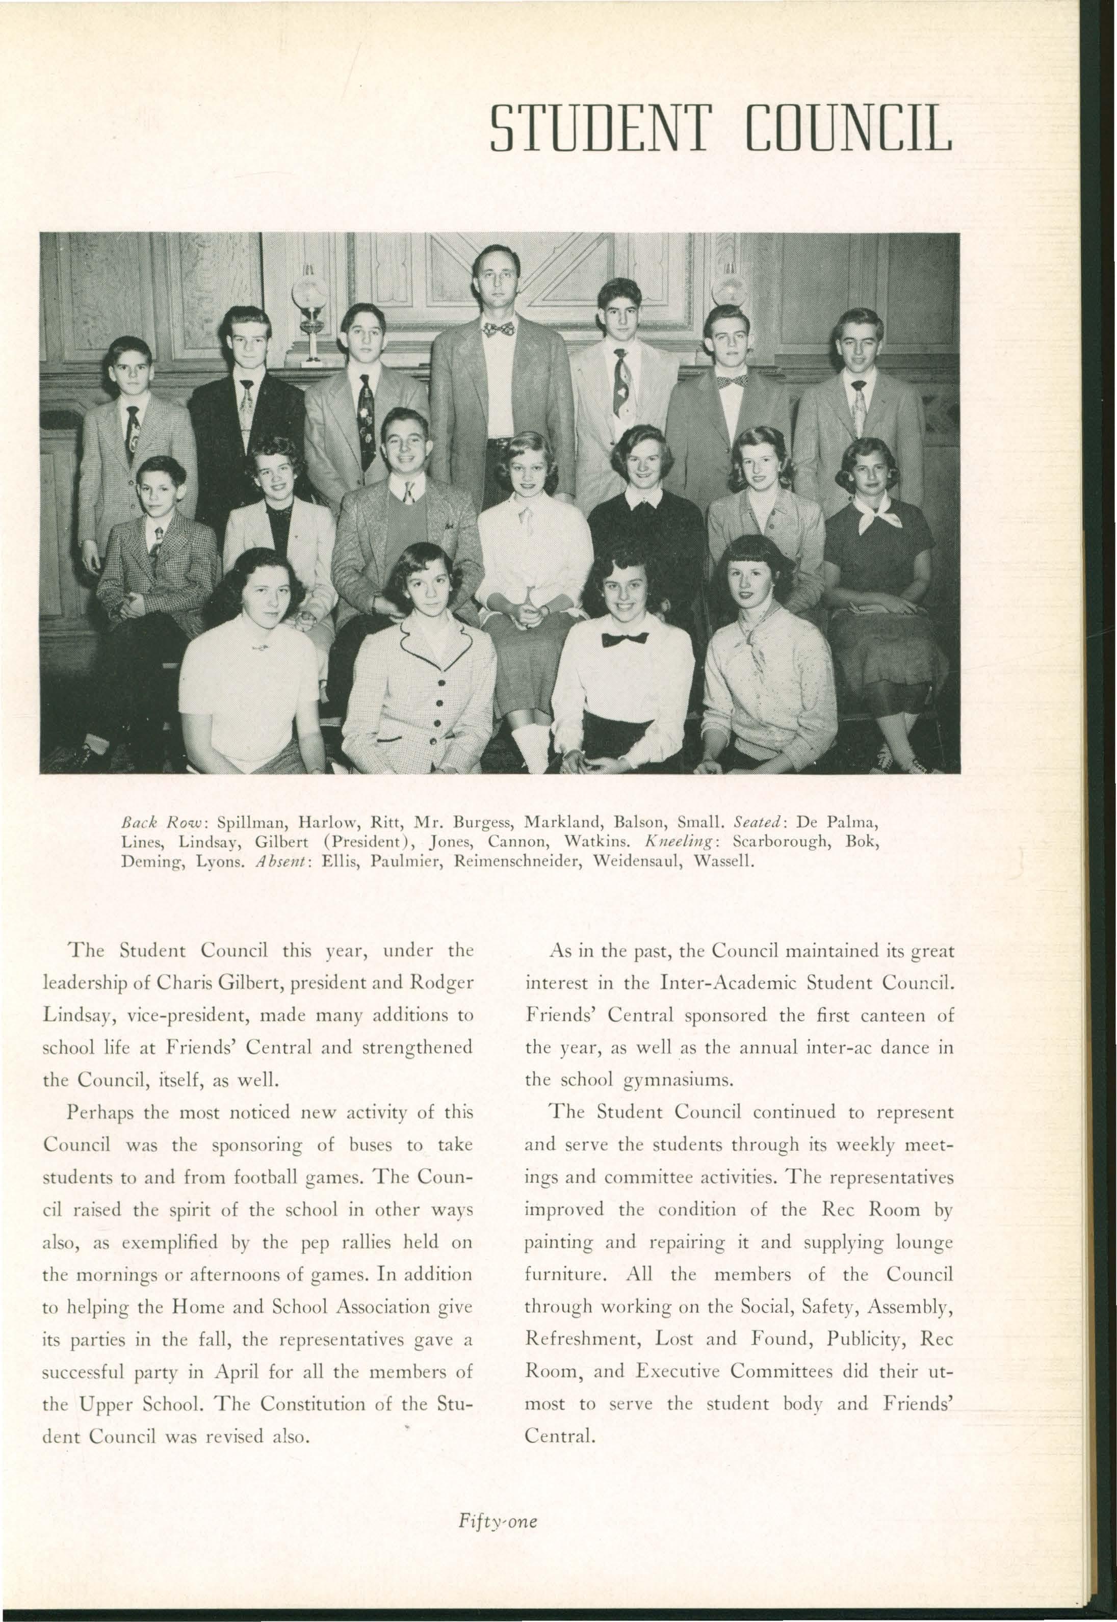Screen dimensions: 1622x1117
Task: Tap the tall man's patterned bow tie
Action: tap(498, 328)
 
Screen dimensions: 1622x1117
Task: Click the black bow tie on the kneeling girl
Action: tap(625, 638)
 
